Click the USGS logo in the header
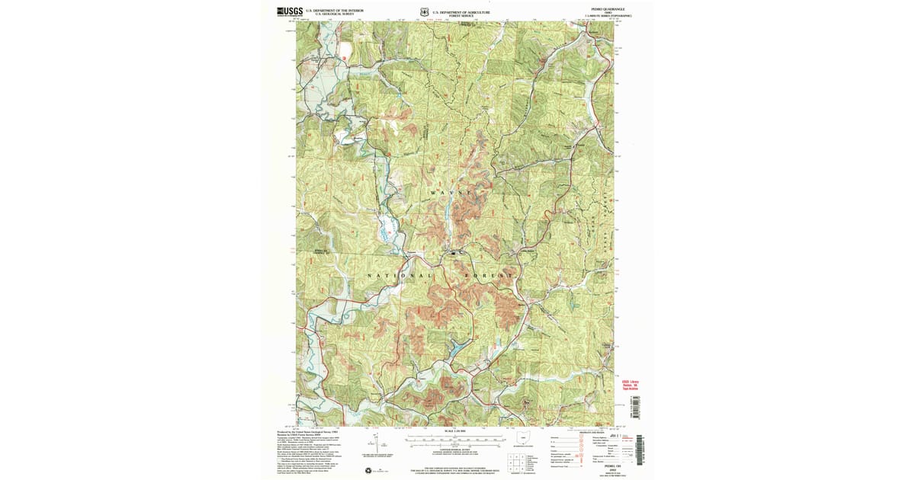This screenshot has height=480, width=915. coord(290,11)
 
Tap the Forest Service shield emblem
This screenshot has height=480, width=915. coord(424,11)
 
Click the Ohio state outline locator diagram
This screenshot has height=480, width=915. coord(523,438)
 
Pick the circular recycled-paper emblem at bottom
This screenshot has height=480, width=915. coord(369,469)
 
